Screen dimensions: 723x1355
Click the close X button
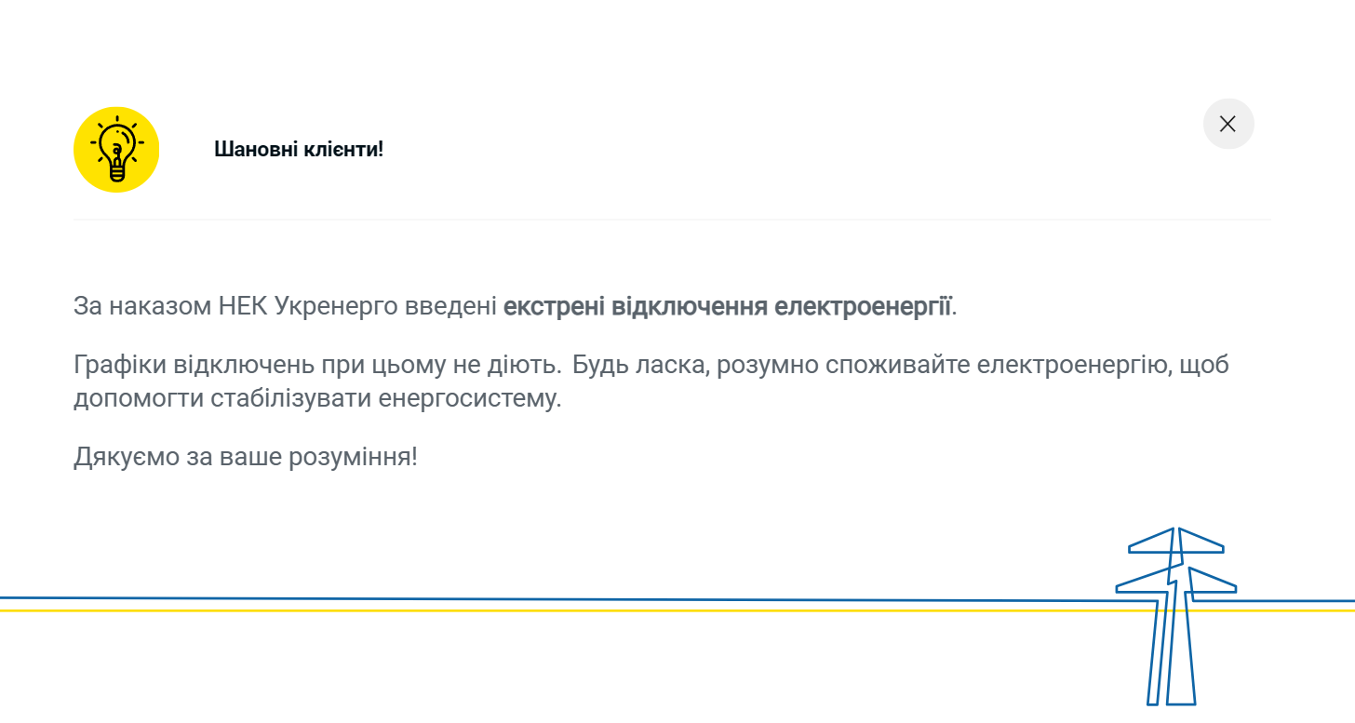1228,124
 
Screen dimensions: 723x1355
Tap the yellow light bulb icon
116,150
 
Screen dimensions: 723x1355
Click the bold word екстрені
554,306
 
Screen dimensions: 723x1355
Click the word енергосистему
471,400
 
